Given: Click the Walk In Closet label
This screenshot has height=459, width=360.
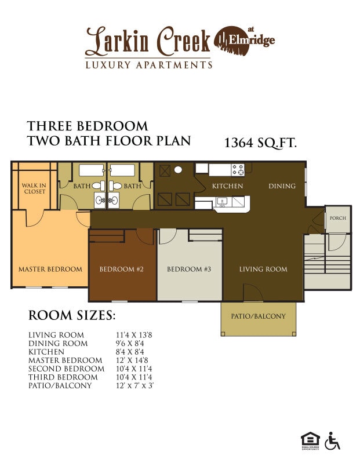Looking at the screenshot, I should [34, 188].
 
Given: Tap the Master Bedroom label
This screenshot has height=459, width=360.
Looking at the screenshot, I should [50, 269].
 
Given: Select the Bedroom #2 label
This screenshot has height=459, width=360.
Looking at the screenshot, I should [121, 269].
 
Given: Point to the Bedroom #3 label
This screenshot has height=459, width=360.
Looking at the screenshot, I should [189, 269].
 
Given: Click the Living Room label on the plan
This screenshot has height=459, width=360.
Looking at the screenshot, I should [263, 269].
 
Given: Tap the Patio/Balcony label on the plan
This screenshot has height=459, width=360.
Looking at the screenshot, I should [258, 316].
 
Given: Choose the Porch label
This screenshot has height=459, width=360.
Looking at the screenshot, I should [337, 218].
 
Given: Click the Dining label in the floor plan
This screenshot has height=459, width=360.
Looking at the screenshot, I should [282, 186].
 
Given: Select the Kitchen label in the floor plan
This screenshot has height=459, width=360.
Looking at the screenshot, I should [227, 186].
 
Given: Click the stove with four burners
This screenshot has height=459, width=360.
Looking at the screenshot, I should [238, 170].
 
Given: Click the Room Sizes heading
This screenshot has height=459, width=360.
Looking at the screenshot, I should [72, 316].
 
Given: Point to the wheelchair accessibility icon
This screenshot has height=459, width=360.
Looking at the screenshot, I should [332, 441].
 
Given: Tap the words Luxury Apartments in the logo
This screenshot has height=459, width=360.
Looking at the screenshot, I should [148, 65].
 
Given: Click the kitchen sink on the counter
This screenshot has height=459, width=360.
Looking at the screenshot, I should [221, 202].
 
